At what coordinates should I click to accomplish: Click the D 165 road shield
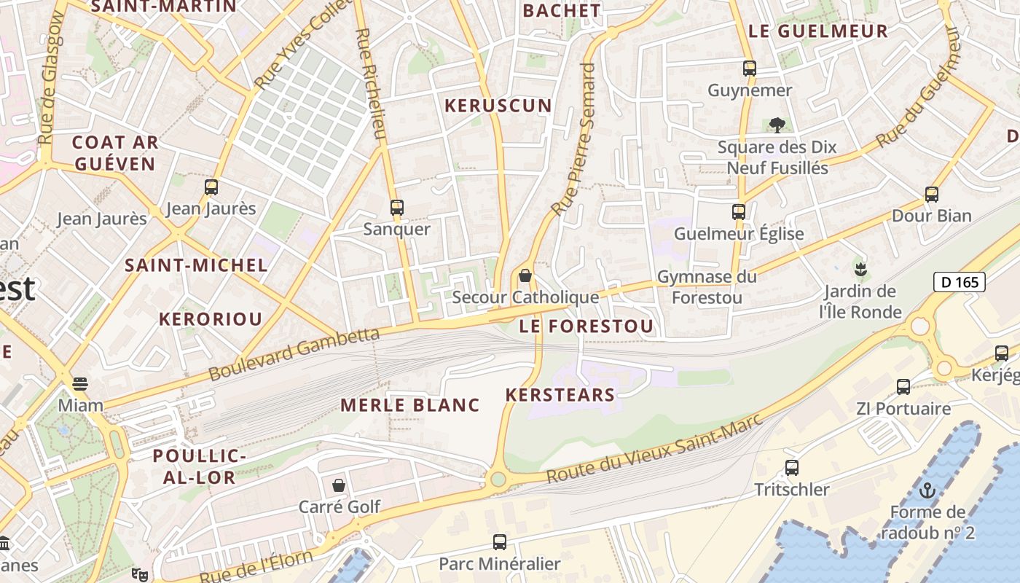(959, 282)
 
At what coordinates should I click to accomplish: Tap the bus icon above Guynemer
(750, 69)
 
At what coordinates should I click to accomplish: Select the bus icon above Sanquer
(397, 208)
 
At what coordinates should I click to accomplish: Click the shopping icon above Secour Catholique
(525, 276)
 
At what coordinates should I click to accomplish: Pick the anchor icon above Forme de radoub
(927, 490)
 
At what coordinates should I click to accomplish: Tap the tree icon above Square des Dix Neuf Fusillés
(777, 125)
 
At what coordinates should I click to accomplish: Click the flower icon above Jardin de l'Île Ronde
(860, 269)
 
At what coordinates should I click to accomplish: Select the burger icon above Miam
(80, 383)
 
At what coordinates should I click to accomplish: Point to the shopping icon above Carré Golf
(339, 485)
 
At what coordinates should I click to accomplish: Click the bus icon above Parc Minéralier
(500, 542)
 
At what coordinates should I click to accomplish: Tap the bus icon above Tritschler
(792, 468)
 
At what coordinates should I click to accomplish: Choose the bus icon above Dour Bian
(932, 195)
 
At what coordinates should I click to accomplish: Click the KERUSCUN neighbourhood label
(498, 106)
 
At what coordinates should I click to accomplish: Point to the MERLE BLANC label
(410, 405)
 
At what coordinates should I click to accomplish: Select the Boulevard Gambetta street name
(294, 354)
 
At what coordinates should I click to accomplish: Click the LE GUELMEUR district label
(818, 31)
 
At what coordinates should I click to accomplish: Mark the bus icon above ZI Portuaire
(903, 387)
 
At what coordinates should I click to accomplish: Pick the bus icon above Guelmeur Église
(739, 212)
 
